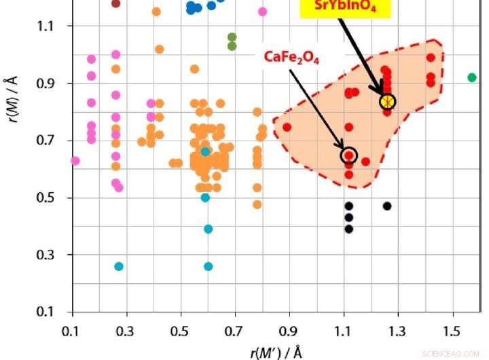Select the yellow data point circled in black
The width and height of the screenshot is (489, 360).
[387, 101]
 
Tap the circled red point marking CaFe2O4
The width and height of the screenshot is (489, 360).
[348, 155]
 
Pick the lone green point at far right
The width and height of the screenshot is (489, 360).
[472, 77]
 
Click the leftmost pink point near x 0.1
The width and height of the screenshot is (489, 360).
[75, 161]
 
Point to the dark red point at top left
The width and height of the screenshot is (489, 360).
[115, 3]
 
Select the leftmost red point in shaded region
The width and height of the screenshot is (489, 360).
[287, 127]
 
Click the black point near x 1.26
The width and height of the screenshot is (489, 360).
[387, 206]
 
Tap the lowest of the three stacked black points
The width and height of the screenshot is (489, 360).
[348, 229]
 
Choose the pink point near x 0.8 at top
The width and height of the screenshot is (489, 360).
[263, 11]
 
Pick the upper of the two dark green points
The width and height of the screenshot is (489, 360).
[232, 37]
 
